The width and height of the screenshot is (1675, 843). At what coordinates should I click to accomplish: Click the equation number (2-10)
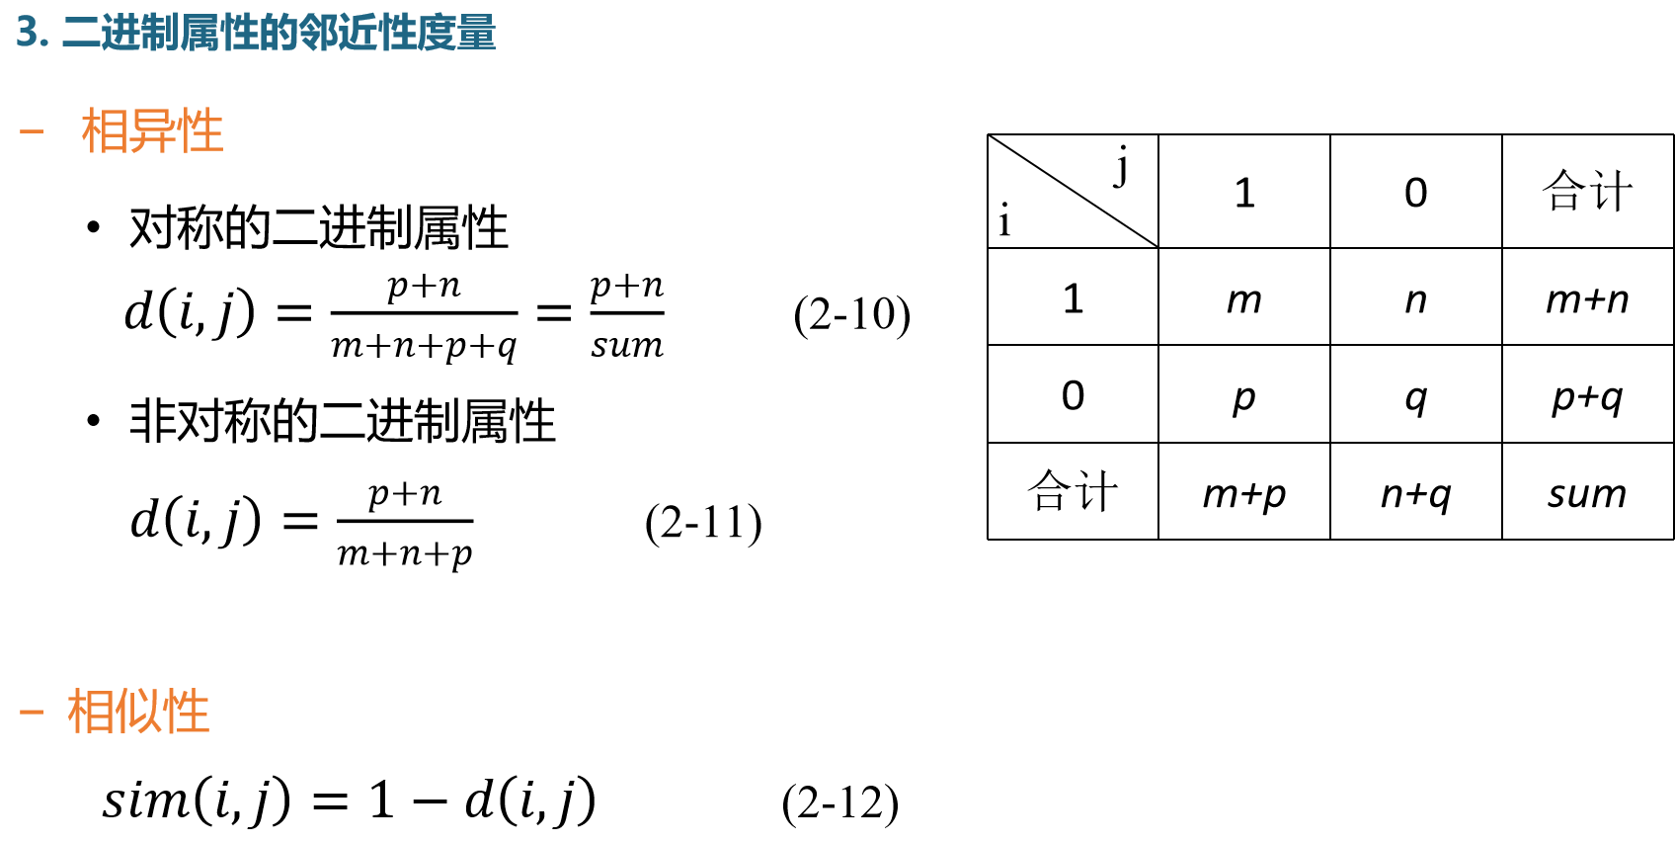(x=851, y=315)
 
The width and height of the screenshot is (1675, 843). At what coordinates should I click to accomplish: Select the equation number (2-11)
(x=703, y=523)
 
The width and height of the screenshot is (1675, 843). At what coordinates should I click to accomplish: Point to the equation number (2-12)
(x=839, y=802)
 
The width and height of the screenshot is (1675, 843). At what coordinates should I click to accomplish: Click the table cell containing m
(x=1243, y=297)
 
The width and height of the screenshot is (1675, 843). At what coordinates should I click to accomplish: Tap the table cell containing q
(x=1415, y=395)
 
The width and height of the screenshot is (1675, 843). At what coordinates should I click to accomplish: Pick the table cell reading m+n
(x=1587, y=297)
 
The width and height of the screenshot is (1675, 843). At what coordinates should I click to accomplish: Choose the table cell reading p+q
(x=1587, y=395)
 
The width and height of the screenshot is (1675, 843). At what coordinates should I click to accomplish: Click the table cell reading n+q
(x=1415, y=492)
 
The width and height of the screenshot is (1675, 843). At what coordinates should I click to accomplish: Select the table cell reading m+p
(x=1243, y=492)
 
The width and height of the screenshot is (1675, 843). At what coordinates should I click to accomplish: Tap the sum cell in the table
(x=1587, y=492)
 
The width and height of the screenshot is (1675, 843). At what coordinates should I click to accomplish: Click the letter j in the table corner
(x=1122, y=165)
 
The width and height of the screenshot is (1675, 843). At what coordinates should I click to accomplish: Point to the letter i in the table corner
(x=1004, y=220)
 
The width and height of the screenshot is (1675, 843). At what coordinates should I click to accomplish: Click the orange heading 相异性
(x=152, y=131)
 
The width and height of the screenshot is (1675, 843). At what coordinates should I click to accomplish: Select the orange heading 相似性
(x=138, y=712)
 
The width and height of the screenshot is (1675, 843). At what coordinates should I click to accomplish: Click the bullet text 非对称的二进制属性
(x=342, y=421)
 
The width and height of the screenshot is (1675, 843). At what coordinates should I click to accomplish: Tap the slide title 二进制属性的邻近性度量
(x=278, y=33)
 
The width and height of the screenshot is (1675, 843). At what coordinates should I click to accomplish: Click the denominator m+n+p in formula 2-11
(x=405, y=553)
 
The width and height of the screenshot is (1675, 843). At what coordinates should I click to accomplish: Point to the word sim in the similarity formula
(x=144, y=800)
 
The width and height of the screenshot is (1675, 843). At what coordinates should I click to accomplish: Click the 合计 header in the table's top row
(x=1587, y=191)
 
